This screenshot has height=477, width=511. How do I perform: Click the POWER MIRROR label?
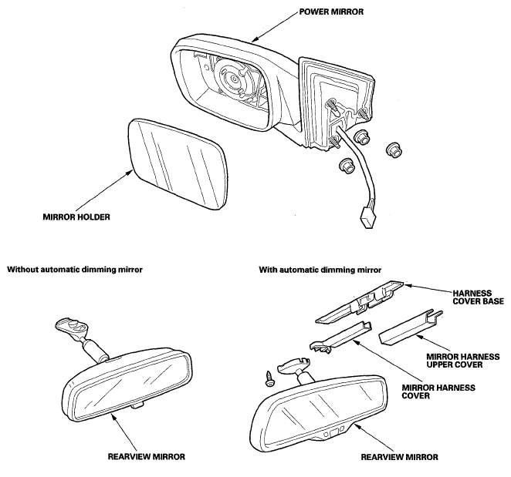click(331, 12)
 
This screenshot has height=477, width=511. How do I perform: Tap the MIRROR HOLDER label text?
click(76, 217)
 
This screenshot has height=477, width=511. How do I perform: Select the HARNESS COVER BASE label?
click(478, 297)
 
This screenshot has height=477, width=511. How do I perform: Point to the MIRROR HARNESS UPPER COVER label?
click(463, 361)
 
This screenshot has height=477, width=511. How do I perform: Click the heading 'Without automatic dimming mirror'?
click(75, 270)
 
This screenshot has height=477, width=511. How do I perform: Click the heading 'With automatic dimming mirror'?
click(320, 270)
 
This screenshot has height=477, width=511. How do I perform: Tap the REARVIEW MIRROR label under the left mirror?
click(147, 457)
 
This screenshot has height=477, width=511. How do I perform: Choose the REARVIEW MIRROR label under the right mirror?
click(400, 457)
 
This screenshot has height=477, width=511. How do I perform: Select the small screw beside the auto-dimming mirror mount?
click(270, 378)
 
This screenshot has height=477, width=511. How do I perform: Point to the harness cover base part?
click(359, 301)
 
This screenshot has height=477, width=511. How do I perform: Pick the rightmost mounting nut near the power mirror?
click(394, 150)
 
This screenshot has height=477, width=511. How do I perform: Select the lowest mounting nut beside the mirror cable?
click(347, 166)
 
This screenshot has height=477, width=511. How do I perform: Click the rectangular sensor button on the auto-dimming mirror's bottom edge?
click(333, 433)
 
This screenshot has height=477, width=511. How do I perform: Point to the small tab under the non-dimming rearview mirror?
click(138, 405)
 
